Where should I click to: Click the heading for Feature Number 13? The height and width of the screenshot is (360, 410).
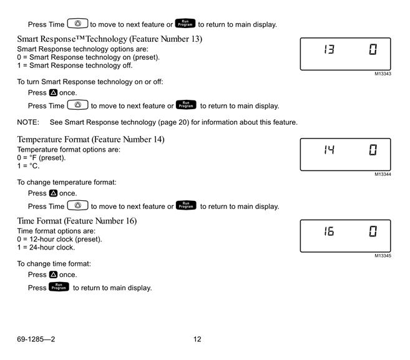(110, 39)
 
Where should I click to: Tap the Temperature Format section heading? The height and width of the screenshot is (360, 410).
(90, 139)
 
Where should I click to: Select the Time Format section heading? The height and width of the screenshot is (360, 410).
(77, 221)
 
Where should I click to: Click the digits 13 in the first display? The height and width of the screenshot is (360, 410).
(329, 49)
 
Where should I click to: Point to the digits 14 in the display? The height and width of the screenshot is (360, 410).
(329, 150)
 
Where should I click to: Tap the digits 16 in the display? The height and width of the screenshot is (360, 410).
(329, 231)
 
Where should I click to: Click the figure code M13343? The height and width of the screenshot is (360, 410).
(383, 74)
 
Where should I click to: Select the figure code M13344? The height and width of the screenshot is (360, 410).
(383, 174)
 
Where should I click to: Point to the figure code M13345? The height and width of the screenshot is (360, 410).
(383, 256)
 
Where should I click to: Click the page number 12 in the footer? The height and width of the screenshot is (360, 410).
(197, 339)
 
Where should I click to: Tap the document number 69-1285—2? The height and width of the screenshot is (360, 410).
(36, 339)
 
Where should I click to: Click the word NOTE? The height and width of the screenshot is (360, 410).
(28, 122)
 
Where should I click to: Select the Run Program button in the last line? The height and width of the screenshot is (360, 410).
(59, 286)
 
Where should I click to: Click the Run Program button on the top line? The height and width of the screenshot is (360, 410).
(185, 23)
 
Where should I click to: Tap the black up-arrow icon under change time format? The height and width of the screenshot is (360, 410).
(53, 275)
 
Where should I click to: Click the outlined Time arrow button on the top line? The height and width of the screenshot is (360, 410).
(77, 23)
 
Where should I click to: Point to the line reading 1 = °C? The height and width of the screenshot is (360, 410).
(28, 166)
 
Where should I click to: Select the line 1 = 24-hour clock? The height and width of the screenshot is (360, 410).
(46, 247)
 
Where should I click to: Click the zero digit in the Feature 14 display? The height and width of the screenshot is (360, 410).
(373, 150)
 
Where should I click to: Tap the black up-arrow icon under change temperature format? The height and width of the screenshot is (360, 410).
(53, 193)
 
